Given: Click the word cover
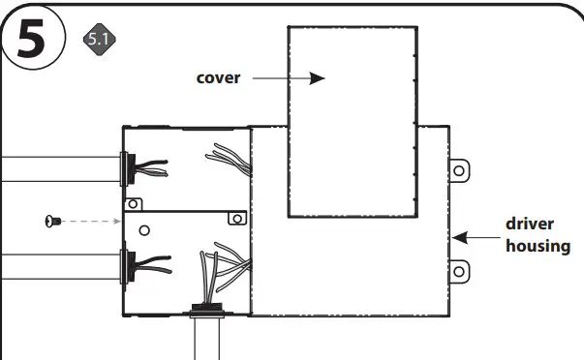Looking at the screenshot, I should click(x=218, y=78).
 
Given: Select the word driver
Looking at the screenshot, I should click(x=530, y=224).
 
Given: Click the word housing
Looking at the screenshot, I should click(x=538, y=246).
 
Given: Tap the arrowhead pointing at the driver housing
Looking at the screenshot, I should click(x=458, y=235).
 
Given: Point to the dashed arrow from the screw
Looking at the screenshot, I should click(x=91, y=222).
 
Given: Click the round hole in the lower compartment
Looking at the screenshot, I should click(x=144, y=230).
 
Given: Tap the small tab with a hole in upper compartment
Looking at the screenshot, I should click(x=135, y=203).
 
